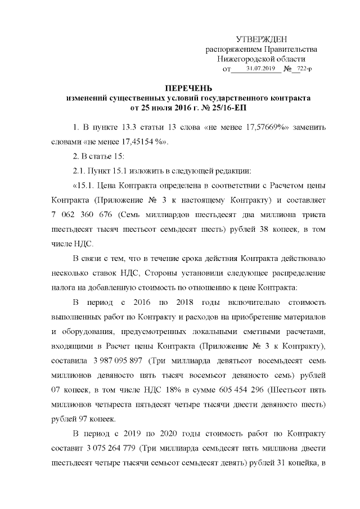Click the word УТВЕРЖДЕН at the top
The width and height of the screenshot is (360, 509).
coord(262,39)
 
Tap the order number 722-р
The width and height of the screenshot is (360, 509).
coord(304,69)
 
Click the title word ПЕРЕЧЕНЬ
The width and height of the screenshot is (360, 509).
coord(188,88)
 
